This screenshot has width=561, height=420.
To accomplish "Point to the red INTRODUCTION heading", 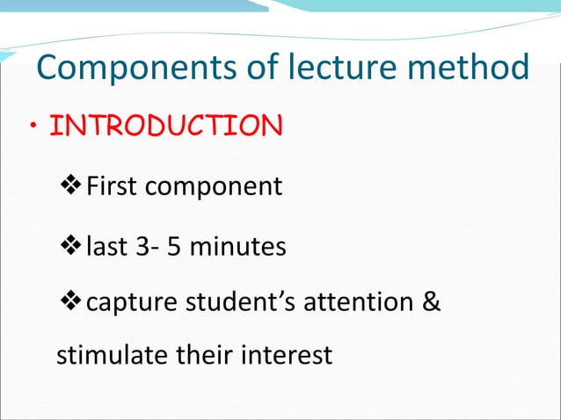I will point(166,127).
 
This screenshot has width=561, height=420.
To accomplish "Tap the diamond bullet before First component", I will point(69,186).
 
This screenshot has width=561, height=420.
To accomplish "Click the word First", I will point(108,187).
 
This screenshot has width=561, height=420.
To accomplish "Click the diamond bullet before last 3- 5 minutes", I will point(69,247).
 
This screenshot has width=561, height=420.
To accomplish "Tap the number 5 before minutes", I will point(175,247).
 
